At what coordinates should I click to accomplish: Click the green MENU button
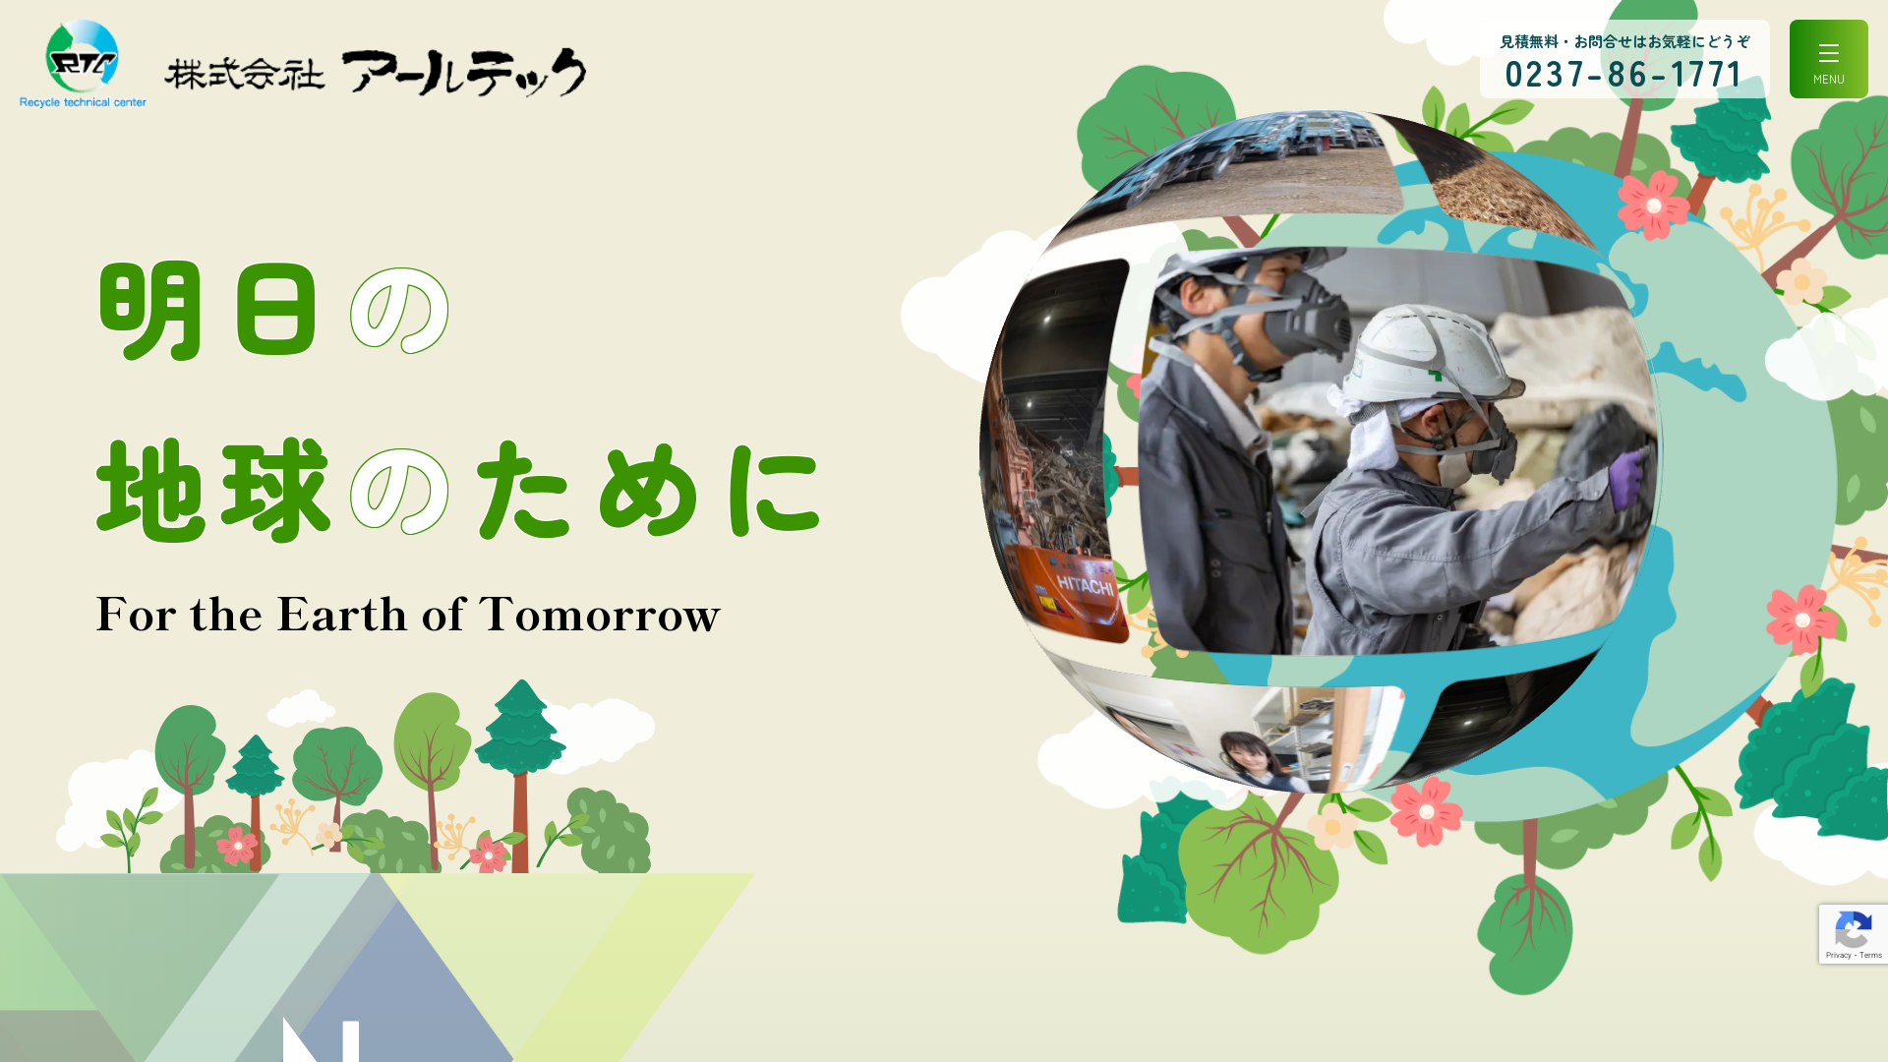(x=1828, y=59)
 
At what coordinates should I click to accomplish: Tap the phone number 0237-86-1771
(x=1623, y=75)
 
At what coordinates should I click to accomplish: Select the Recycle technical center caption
(x=83, y=102)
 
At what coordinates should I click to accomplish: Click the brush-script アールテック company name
(x=464, y=72)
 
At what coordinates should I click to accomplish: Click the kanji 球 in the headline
(x=276, y=490)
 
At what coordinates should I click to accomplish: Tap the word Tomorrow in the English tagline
(x=600, y=615)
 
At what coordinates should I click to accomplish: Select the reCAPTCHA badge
(x=1854, y=934)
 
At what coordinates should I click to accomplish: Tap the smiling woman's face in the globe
(x=1244, y=757)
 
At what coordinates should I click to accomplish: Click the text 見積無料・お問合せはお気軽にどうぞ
(x=1624, y=41)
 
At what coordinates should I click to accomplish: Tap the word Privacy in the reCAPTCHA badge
(x=1838, y=955)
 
